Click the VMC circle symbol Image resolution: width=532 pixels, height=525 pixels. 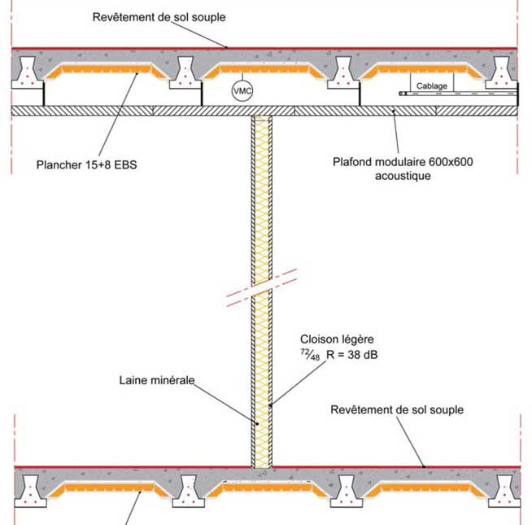[242, 90]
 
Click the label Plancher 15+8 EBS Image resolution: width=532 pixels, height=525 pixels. [87, 164]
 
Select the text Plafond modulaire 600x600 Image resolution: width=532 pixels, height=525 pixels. [403, 161]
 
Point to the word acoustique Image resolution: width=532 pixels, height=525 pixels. [403, 176]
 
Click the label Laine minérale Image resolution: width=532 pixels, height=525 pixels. [157, 379]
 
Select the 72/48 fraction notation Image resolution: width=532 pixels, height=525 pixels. [310, 355]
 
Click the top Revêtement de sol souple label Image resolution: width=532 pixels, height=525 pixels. [159, 17]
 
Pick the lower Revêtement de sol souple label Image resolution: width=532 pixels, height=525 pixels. [397, 409]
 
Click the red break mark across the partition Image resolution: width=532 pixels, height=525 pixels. [263, 290]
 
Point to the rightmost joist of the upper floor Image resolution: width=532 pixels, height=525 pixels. [503, 72]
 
